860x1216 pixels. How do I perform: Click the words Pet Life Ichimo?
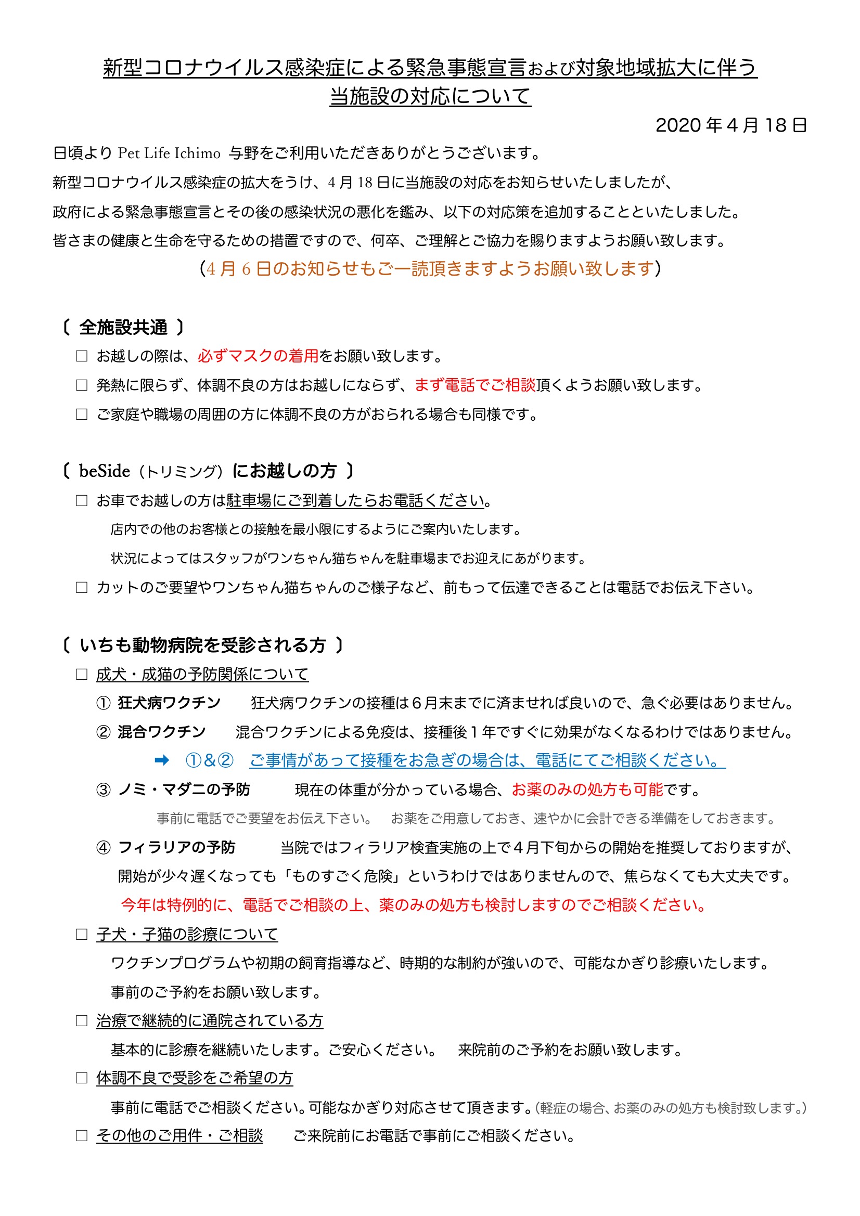(x=169, y=153)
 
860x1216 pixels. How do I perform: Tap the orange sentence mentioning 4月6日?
(x=430, y=269)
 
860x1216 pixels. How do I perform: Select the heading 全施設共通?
(x=123, y=327)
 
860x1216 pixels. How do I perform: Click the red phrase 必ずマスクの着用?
(x=258, y=356)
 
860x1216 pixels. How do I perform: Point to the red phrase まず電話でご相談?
(x=475, y=385)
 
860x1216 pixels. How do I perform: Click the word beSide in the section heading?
(x=105, y=471)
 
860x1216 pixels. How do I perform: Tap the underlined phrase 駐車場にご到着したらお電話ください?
(x=355, y=500)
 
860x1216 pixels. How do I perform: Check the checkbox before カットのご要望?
(x=82, y=587)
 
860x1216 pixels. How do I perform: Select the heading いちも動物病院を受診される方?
(x=202, y=645)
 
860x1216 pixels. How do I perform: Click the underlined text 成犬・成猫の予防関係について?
(x=202, y=674)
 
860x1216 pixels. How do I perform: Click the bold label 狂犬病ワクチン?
(x=169, y=703)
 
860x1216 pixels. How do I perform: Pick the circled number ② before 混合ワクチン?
(x=104, y=732)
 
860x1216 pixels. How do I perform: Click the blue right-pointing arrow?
(x=162, y=760)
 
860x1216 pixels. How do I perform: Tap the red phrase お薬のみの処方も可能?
(x=587, y=790)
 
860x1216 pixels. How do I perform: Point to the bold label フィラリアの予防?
(x=176, y=847)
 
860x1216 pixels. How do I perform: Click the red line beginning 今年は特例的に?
(x=413, y=905)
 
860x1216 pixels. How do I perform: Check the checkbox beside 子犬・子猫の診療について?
(x=82, y=934)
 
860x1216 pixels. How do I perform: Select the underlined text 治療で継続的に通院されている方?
(x=209, y=1020)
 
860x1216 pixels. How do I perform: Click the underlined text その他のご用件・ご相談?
(x=179, y=1135)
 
